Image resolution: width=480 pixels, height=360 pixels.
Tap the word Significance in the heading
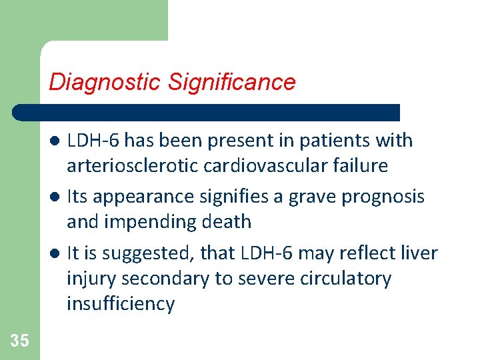(231, 82)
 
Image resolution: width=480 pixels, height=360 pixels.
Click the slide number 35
(20, 341)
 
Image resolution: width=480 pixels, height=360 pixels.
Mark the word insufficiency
(121, 304)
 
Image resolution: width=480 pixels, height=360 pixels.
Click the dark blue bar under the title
(207, 112)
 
